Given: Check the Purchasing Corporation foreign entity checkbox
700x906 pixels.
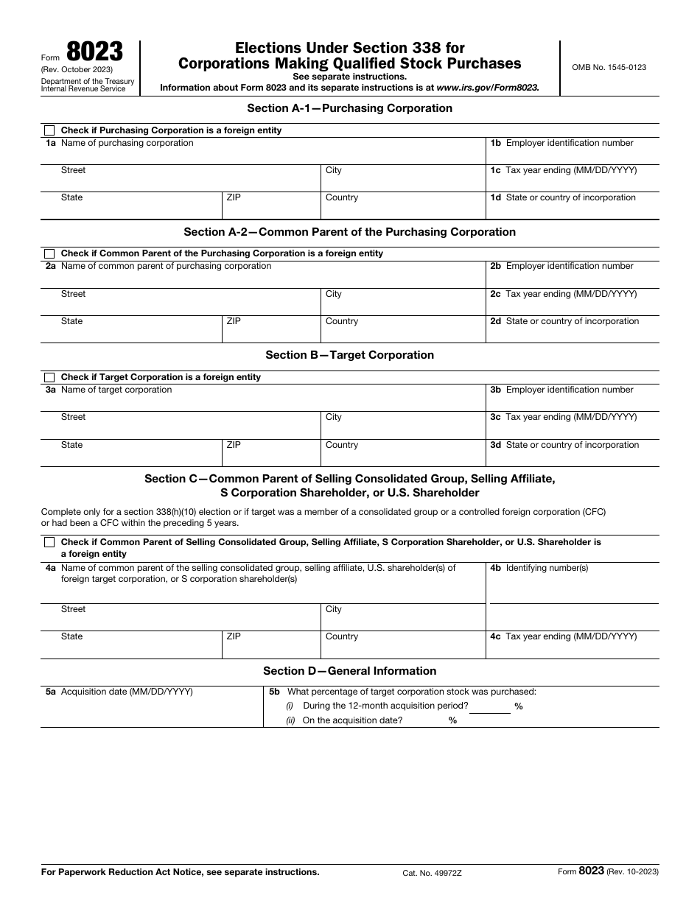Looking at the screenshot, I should click(x=49, y=130).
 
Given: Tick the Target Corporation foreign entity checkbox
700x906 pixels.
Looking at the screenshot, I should click(x=49, y=377).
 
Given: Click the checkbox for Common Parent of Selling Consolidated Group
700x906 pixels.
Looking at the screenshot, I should click(x=49, y=542).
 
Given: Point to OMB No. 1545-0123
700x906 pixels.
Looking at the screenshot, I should click(x=609, y=67).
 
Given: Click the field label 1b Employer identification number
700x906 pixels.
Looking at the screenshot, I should click(x=561, y=143).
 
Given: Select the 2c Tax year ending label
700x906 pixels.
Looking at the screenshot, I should click(x=564, y=294).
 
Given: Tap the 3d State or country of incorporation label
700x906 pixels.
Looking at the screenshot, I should click(x=564, y=445).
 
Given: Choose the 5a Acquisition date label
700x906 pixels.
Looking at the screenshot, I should click(x=119, y=692).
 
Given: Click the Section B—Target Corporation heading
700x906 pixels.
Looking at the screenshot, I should click(x=349, y=355).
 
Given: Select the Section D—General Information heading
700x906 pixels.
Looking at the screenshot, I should click(x=349, y=671).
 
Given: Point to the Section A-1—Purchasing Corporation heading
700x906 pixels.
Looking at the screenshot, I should click(x=349, y=108).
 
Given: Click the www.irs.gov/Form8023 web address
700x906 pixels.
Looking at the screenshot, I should click(x=487, y=87).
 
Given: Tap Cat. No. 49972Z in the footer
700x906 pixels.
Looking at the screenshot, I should click(x=433, y=873).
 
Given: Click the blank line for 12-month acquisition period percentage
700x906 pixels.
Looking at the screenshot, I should click(x=490, y=707).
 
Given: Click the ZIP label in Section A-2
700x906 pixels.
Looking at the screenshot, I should click(x=234, y=321).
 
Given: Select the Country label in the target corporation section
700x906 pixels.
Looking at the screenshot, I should click(x=342, y=445).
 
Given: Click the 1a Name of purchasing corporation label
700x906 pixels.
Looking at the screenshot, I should click(x=119, y=143).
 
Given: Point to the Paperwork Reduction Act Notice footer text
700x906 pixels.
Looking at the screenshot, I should click(x=180, y=872).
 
